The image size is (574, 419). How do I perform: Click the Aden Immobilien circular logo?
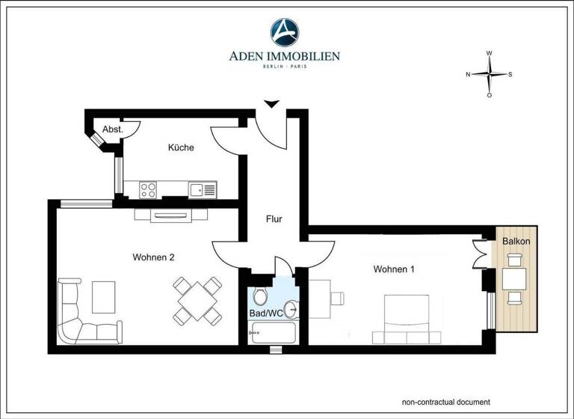click(x=285, y=32)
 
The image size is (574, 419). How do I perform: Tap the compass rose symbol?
click(x=489, y=74)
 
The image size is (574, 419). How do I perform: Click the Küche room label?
click(x=181, y=147)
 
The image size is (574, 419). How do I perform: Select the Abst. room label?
click(x=113, y=129)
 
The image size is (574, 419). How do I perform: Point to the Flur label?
click(x=274, y=220)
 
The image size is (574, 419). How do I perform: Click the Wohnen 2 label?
click(x=153, y=257)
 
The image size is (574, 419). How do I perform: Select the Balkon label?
click(x=516, y=242)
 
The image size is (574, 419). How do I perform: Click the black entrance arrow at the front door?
click(x=271, y=103)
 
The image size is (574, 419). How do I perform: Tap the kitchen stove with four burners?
click(x=148, y=189)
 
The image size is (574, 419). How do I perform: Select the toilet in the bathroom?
click(x=260, y=295)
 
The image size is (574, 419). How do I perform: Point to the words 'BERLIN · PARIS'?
click(x=284, y=67)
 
